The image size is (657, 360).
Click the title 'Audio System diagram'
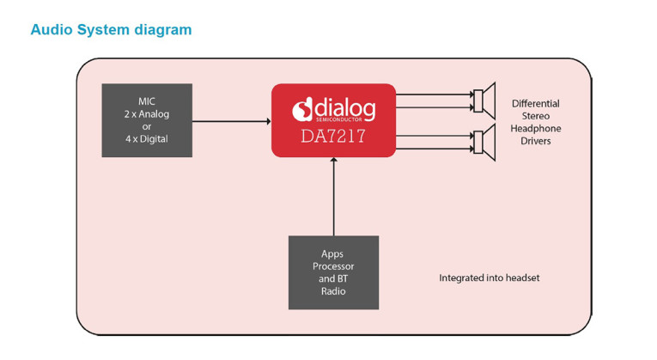pyautogui.click(x=111, y=30)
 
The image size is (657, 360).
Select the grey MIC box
pyautogui.click(x=147, y=120)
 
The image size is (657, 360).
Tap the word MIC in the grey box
pyautogui.click(x=147, y=101)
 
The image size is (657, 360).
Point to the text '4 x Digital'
pyautogui.click(x=147, y=138)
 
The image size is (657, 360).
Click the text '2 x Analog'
pyautogui.click(x=147, y=114)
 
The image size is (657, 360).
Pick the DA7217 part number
pyautogui.click(x=333, y=137)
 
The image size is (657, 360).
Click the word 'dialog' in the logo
pyautogui.click(x=345, y=108)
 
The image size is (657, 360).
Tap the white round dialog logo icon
pyautogui.click(x=302, y=109)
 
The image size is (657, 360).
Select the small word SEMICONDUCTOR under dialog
pyautogui.click(x=338, y=120)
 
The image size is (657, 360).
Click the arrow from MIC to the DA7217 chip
pyautogui.click(x=232, y=121)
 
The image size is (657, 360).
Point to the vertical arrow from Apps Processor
pyautogui.click(x=334, y=197)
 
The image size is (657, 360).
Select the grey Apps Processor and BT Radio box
pyautogui.click(x=333, y=272)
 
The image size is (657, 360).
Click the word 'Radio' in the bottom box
pyautogui.click(x=333, y=291)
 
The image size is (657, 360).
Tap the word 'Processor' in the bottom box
pyautogui.click(x=333, y=266)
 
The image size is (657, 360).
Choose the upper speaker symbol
pyautogui.click(x=484, y=101)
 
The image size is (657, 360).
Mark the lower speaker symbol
pyautogui.click(x=484, y=143)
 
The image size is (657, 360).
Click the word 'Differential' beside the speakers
pyautogui.click(x=536, y=103)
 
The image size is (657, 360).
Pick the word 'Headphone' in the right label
pyautogui.click(x=536, y=128)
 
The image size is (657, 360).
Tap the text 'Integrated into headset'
pyautogui.click(x=490, y=278)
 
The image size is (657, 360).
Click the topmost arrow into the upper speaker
pyautogui.click(x=435, y=95)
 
